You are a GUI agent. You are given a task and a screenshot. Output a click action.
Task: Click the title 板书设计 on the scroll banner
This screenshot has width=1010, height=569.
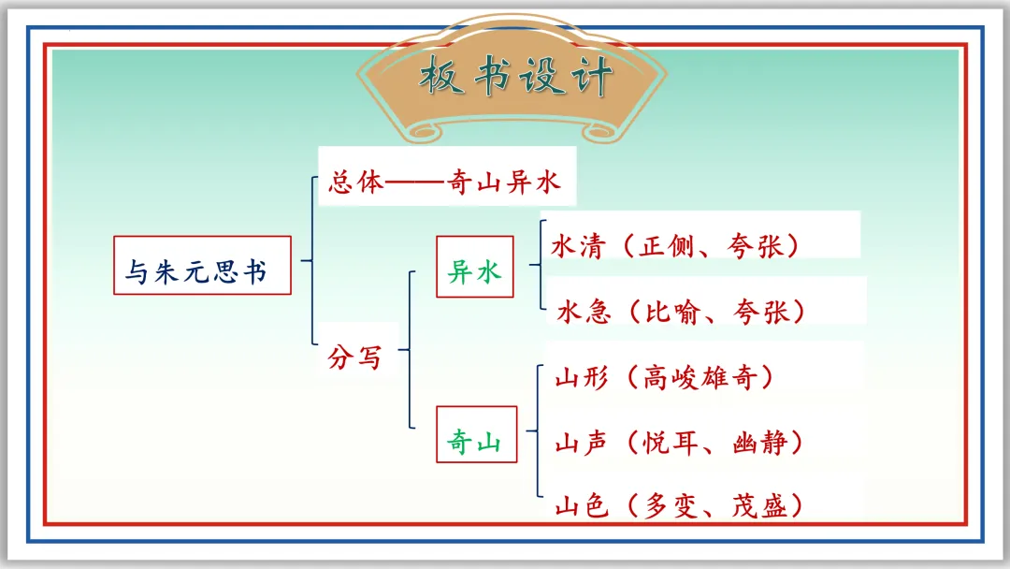click(x=514, y=76)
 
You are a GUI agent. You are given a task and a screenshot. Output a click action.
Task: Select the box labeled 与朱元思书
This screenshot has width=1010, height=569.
click(x=202, y=266)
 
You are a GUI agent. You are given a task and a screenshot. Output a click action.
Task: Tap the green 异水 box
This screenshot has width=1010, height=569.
click(x=475, y=267)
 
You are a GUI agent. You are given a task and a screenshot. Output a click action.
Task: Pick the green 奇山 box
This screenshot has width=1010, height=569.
click(x=477, y=434)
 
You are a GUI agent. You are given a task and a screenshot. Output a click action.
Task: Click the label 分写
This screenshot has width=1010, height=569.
click(x=355, y=357)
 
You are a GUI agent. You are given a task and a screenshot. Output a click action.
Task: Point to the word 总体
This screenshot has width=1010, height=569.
click(x=356, y=182)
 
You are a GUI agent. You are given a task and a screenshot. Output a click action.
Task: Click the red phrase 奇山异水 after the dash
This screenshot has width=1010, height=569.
click(x=504, y=182)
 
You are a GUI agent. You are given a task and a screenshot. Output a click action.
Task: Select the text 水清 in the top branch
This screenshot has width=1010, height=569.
click(x=579, y=246)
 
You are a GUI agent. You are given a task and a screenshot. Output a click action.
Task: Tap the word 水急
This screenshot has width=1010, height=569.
click(x=584, y=312)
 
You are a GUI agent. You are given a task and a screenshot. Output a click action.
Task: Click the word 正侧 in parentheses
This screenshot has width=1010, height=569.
click(x=667, y=246)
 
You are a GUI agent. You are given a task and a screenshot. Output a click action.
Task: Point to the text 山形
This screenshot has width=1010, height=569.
click(x=582, y=377)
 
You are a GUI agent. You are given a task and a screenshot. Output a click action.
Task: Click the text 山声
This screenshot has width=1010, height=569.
click(x=582, y=443)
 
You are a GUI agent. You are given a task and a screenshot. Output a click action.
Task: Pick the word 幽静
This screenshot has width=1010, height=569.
click(x=759, y=443)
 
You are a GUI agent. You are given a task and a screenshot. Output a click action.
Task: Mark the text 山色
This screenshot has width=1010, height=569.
click(x=582, y=506)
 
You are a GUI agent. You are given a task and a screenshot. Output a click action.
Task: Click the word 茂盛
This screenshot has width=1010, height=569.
click(x=759, y=506)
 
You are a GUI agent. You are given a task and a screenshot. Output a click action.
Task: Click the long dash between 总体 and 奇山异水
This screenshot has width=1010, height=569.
click(x=416, y=183)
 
